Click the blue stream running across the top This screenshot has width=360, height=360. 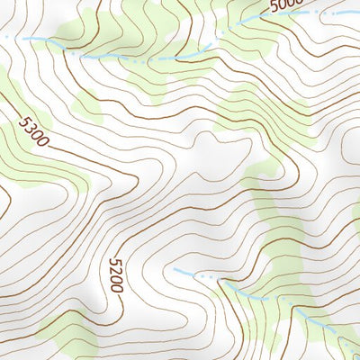(135, 59)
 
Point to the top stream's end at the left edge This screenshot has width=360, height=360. (2, 36)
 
